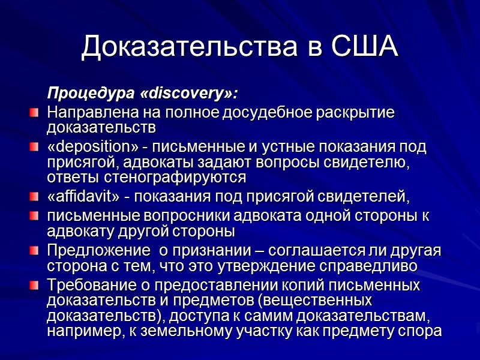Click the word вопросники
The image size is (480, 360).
(197, 215)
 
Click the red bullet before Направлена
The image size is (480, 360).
(35, 112)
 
